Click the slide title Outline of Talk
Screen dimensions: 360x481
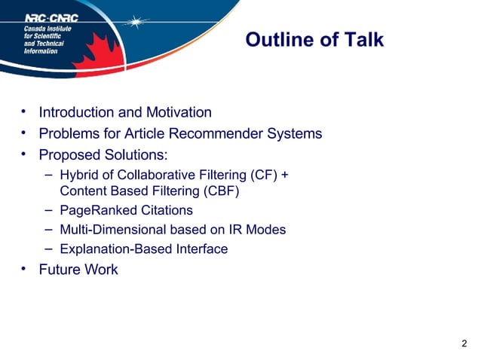(x=314, y=40)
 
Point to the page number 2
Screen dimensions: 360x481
(x=463, y=344)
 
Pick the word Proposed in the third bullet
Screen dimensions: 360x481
(x=70, y=155)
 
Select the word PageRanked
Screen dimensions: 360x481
(x=95, y=210)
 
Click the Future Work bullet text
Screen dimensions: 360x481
(x=78, y=270)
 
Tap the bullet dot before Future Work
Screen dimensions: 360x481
(x=24, y=269)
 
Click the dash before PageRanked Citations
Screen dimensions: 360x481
(x=47, y=209)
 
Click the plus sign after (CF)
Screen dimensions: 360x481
(x=285, y=175)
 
